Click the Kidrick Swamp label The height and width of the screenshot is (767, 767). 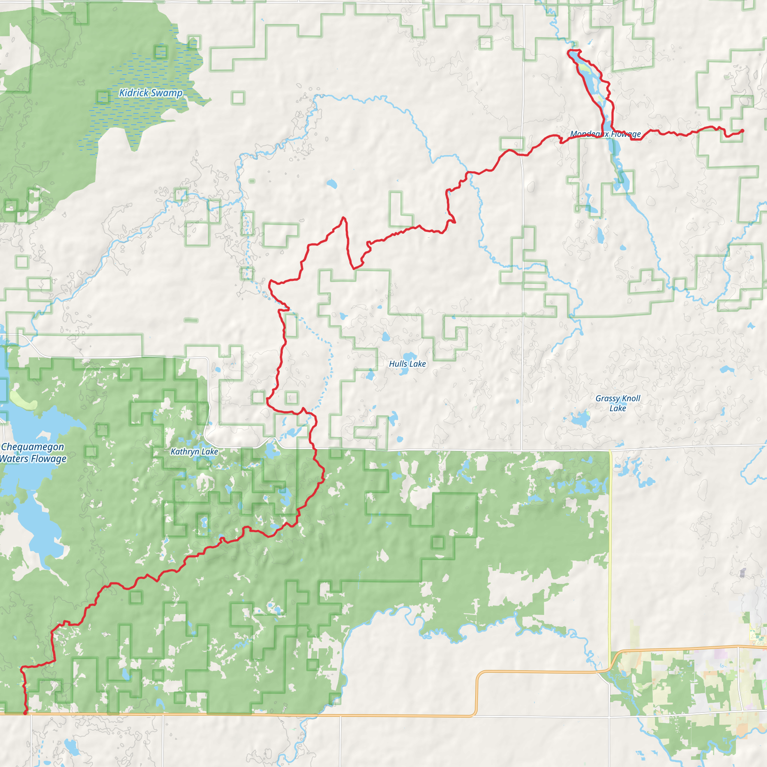[x=151, y=93]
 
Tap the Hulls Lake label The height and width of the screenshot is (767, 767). [x=407, y=364]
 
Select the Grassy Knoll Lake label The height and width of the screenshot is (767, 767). [x=618, y=403]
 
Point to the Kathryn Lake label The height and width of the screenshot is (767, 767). [x=194, y=451]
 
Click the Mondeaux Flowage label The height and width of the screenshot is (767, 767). [x=606, y=134]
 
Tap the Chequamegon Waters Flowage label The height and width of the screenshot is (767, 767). [x=33, y=452]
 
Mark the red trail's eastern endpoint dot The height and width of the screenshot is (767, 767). [x=742, y=131]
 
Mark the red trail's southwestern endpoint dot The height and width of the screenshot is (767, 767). [x=25, y=713]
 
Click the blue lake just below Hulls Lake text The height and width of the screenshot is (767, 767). [x=404, y=372]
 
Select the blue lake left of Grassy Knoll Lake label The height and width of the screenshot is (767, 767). [x=580, y=419]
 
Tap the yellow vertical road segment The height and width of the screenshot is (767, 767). [x=610, y=556]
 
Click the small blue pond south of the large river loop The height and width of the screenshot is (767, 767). [x=332, y=184]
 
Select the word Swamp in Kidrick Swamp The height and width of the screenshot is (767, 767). [x=166, y=93]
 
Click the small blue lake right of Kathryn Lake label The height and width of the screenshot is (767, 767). [x=272, y=451]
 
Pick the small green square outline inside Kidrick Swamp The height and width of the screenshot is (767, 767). [x=161, y=52]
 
